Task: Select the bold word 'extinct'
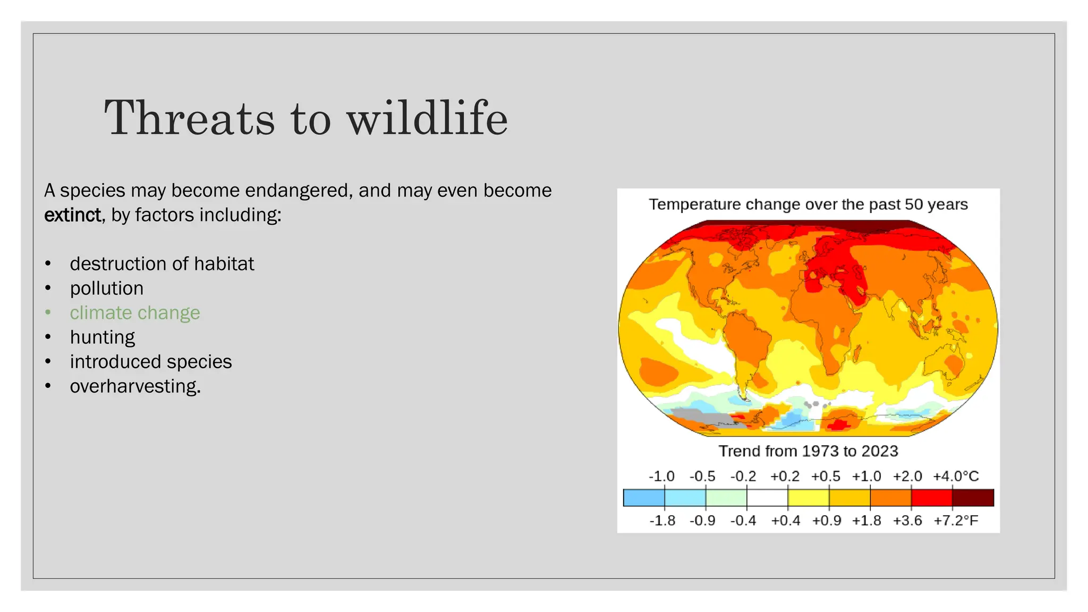(x=72, y=215)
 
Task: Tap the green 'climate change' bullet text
(x=135, y=313)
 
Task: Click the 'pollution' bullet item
(x=107, y=288)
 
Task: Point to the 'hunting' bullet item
(x=103, y=337)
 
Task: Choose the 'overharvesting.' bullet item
(x=135, y=386)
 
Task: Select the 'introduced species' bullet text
(x=151, y=362)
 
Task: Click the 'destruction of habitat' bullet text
(x=162, y=264)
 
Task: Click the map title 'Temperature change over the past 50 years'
(x=808, y=205)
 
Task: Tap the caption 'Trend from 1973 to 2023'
(x=808, y=451)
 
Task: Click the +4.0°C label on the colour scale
(x=956, y=476)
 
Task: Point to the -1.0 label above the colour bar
(x=661, y=476)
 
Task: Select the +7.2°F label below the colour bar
(x=956, y=521)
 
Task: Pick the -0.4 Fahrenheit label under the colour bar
(x=743, y=521)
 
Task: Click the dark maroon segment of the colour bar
(x=973, y=498)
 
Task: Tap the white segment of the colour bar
(x=767, y=498)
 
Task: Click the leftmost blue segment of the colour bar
(x=644, y=498)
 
